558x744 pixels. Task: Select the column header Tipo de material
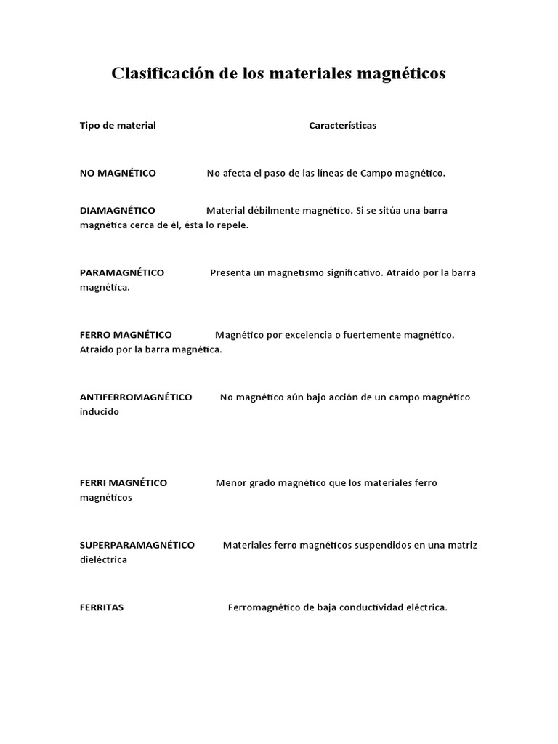[118, 126]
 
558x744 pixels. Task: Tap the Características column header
[342, 126]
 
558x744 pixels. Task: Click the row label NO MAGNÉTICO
[118, 173]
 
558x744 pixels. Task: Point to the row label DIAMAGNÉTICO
[117, 210]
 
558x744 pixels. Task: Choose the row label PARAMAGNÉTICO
[122, 272]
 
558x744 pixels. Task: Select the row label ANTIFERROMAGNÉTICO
[136, 397]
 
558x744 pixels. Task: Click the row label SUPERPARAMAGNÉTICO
[137, 545]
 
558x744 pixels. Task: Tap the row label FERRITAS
[102, 607]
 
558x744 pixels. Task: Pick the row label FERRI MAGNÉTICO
[124, 483]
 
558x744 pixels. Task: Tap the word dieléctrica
[103, 560]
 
